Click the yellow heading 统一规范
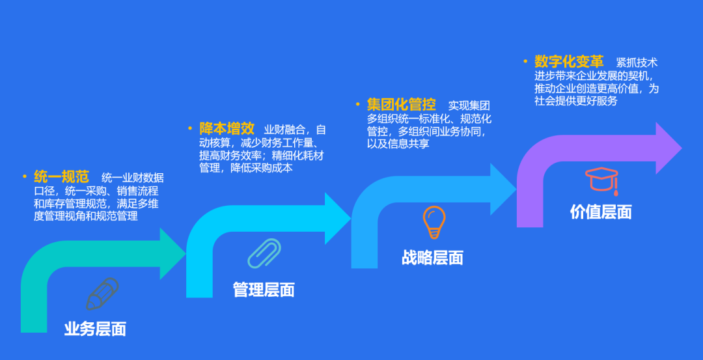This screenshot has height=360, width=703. (61, 176)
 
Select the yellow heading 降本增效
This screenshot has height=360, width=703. (227, 129)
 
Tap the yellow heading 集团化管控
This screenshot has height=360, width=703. (401, 105)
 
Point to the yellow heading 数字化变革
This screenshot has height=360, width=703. (569, 61)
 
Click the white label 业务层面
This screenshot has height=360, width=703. (95, 329)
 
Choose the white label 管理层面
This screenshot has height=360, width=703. (264, 290)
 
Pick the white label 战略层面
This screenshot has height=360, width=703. (432, 258)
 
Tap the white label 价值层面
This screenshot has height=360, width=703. (601, 212)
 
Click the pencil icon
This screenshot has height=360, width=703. (102, 294)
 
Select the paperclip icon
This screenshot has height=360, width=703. (264, 253)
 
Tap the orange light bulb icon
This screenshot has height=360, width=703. (434, 223)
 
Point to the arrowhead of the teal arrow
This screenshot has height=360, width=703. (172, 254)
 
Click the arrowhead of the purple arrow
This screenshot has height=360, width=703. (669, 148)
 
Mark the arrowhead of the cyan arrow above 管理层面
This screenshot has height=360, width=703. (338, 219)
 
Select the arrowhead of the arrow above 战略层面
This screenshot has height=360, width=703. (503, 189)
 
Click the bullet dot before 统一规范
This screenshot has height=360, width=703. (25, 176)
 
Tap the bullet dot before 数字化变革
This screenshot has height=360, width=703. (525, 61)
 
